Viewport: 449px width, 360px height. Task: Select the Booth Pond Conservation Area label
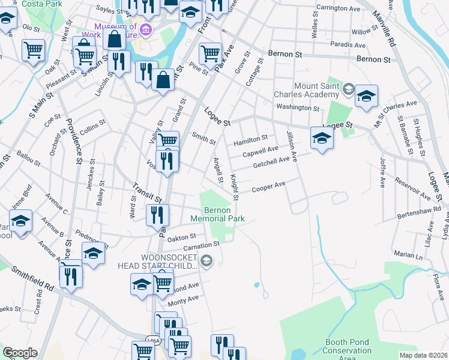pyautogui.click(x=348, y=350)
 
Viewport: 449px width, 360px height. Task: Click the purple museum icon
pyautogui.click(x=145, y=30)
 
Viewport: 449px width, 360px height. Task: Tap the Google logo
pyautogui.click(x=20, y=353)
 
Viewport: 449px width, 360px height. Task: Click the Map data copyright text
pyautogui.click(x=423, y=355)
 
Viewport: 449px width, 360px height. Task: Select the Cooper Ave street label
pyautogui.click(x=268, y=186)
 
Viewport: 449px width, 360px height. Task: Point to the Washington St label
pyautogui.click(x=297, y=107)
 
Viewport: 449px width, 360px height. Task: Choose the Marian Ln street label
pyautogui.click(x=409, y=255)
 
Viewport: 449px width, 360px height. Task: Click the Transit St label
pyautogui.click(x=148, y=193)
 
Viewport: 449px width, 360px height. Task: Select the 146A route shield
pyautogui.click(x=154, y=340)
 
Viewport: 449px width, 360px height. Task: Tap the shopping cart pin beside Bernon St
pyautogui.click(x=210, y=53)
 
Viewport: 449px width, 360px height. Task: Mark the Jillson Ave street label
pyautogui.click(x=292, y=146)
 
